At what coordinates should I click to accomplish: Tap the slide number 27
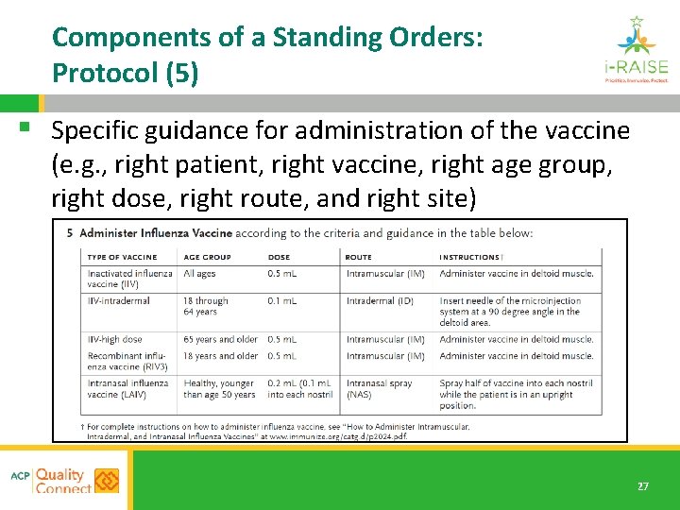point(642,486)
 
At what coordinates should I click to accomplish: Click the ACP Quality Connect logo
point(65,481)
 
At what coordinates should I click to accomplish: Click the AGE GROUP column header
point(207,257)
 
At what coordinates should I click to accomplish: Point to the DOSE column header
point(279,257)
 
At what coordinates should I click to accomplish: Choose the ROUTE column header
point(359,257)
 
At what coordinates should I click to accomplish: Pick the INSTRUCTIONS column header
point(469,257)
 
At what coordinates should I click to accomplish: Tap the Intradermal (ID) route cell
point(379,301)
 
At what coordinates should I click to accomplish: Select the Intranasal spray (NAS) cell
point(379,388)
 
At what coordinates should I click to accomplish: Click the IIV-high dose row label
point(115,339)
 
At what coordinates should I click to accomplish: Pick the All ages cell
point(200,274)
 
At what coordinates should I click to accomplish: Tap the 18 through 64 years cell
point(206,306)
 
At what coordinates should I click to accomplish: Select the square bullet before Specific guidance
point(34,126)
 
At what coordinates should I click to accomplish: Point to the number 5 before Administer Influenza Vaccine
point(70,233)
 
